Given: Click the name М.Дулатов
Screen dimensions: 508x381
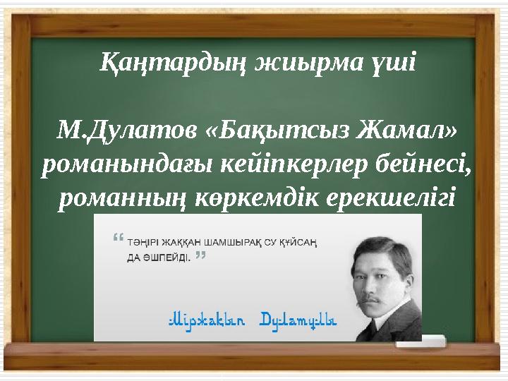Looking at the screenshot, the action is [x=127, y=131].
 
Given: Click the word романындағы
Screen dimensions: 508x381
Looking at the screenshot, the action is [x=127, y=165].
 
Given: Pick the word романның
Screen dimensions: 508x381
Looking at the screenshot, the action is [x=123, y=198].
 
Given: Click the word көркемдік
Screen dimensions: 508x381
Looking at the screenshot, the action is [x=257, y=198].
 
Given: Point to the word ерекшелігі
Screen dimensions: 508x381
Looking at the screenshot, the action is [x=391, y=198].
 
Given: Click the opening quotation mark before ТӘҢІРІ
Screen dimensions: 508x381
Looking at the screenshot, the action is [x=119, y=237].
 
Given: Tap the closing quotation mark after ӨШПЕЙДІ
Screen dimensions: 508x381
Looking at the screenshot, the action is [x=201, y=255].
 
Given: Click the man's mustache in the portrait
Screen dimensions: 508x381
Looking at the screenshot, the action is [x=373, y=298].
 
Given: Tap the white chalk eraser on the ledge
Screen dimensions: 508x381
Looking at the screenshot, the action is [x=421, y=341].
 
